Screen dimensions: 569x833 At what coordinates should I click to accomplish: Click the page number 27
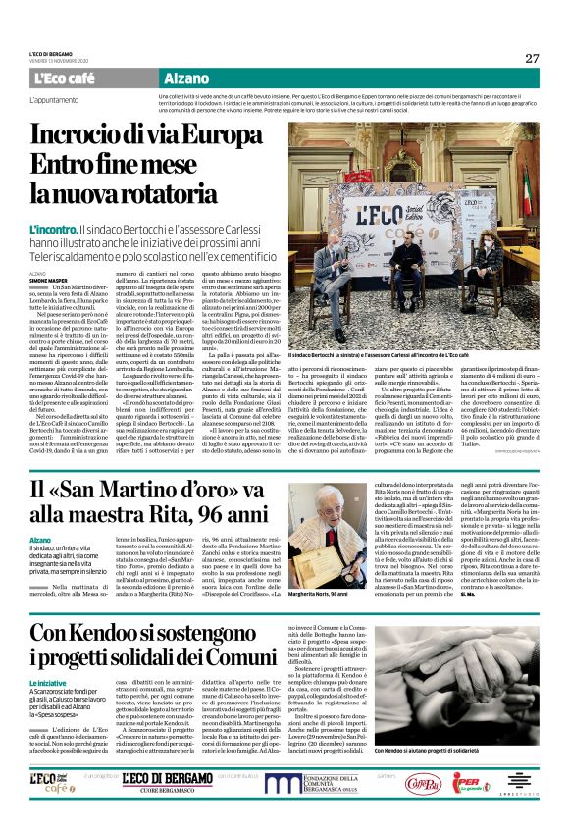pos(531,58)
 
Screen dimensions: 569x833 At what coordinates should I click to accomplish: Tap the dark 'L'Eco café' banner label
pos(66,78)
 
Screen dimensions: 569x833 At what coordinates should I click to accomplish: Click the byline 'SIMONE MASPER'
pos(48,280)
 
